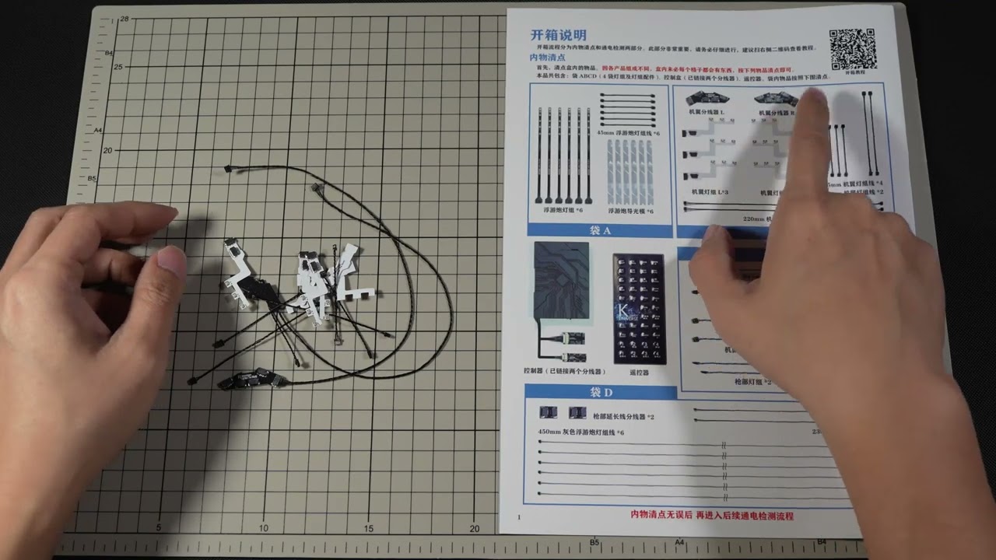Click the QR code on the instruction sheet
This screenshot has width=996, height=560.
point(853,50)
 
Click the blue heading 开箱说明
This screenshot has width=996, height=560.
point(558,35)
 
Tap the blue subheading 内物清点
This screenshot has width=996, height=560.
point(547,58)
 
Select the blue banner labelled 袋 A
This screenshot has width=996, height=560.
point(599,230)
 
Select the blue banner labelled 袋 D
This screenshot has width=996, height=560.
point(601,392)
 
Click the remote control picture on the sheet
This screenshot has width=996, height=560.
point(640,308)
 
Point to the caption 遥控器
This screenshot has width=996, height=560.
point(639,373)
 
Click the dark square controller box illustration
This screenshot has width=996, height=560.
point(561,279)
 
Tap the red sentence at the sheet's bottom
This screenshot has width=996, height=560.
point(712,516)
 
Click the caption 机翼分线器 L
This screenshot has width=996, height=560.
point(707,113)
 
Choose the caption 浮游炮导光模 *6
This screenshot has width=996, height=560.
point(630,211)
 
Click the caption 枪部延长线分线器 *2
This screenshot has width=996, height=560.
point(623,417)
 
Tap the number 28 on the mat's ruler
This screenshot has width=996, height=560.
point(124,19)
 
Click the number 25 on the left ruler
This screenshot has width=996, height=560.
point(118,66)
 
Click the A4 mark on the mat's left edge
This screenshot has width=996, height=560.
point(98,131)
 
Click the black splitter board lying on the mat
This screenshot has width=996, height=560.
point(247,380)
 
